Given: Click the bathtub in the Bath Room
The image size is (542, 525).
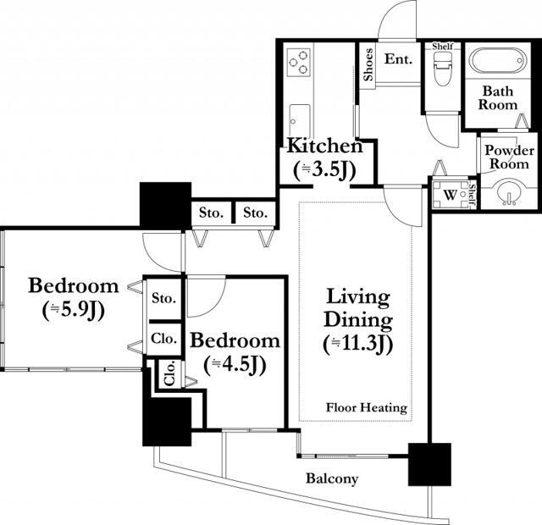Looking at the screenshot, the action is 497,61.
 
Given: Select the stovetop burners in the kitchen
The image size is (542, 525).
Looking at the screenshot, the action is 298,62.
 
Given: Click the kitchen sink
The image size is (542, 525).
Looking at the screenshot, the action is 299,120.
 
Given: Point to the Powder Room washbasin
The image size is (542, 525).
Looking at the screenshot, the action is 508,192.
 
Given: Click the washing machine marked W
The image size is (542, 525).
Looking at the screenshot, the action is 450,195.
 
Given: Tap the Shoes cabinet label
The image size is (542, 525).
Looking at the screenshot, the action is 368,64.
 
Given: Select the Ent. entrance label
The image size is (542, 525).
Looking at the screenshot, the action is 399,59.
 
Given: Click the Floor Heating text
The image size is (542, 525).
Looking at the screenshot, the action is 367,407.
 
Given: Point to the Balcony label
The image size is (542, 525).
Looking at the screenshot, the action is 332,478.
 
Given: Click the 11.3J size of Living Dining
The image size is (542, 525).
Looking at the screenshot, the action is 358,345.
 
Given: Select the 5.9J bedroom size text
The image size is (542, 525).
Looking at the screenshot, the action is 74,311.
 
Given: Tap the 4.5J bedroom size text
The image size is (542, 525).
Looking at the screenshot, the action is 235,365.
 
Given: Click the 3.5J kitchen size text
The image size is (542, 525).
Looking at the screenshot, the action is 324,170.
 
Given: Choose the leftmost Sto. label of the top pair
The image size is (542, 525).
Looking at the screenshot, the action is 211,213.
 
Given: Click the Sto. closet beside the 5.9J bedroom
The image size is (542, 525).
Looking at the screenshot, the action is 163,298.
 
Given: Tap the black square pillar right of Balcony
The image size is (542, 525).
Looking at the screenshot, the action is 429,464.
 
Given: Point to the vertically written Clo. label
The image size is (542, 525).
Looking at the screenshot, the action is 170,374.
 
